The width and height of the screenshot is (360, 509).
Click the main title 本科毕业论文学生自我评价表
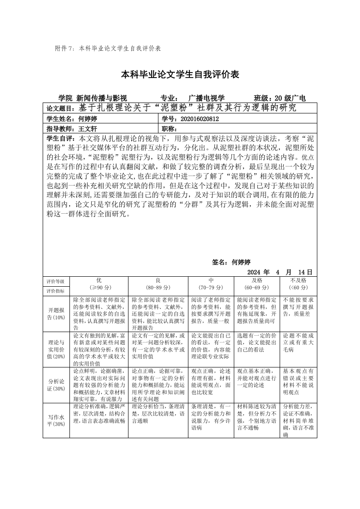tap(180, 74)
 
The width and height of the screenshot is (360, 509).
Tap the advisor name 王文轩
tap(88, 129)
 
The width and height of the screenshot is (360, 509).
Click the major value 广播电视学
tap(206, 98)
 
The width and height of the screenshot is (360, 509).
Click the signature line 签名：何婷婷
tap(232, 262)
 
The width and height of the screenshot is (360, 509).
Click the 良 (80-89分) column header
tap(158, 284)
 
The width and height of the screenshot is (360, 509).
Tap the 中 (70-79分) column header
tap(211, 284)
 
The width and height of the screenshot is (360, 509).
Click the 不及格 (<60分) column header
tap(299, 284)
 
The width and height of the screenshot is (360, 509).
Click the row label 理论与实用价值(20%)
tap(57, 349)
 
